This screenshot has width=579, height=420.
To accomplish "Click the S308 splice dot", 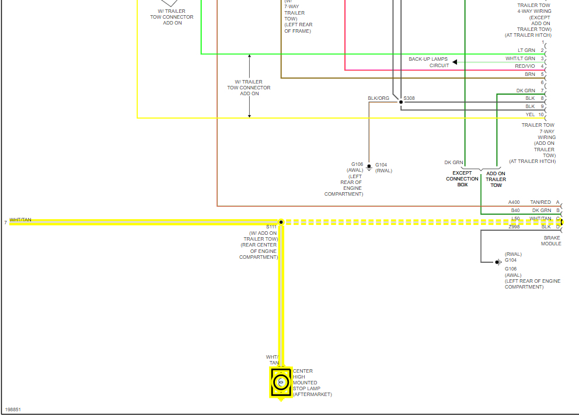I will pos(400,102).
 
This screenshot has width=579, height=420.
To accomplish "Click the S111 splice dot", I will pos(281,222).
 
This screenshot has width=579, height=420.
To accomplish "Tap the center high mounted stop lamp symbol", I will pos(281,382).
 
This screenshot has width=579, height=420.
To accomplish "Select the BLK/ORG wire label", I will pos(378,98).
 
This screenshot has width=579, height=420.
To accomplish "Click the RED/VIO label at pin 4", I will pos(525,67).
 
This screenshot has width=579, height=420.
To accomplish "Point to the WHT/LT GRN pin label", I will pos(520,58).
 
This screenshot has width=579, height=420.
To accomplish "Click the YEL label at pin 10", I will pos(530,114).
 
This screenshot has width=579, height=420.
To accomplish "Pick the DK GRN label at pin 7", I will pos(525,91).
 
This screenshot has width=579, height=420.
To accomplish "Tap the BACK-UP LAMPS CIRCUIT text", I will pos(428,63).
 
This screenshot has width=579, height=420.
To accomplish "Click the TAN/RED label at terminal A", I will pos(540,202).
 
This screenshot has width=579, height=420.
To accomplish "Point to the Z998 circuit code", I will pos(514,227).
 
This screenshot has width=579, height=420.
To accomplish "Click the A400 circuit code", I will pos(514,202).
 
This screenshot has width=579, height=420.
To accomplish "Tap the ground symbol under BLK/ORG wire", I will pos(369,168).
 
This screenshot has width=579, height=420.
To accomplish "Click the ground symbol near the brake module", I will pos(497,262).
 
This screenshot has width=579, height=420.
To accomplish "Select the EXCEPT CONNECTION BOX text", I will pos(462,179).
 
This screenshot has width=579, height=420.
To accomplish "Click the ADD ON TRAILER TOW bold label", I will pos(496,179).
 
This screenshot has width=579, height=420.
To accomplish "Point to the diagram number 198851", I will pos(13,410).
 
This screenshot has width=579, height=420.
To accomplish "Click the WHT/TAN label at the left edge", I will pos(20,220).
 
